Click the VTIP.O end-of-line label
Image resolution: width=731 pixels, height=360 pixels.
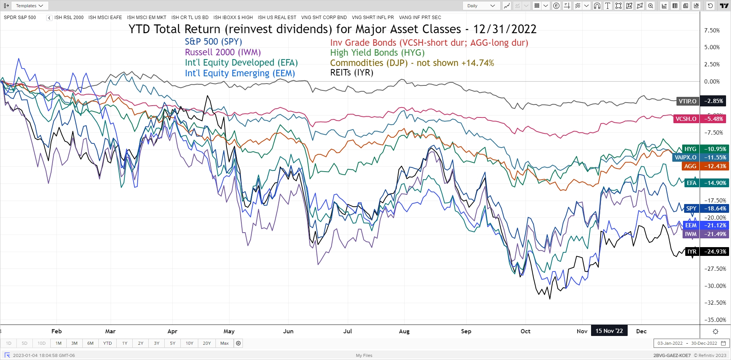coord(688,101)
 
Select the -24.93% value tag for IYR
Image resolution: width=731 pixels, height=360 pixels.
coord(715,252)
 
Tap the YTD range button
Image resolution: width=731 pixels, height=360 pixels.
coord(108,343)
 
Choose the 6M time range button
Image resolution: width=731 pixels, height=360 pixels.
coord(90,343)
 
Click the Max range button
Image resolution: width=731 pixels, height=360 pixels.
coord(225,343)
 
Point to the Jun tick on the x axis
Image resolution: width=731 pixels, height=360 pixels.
coord(288,331)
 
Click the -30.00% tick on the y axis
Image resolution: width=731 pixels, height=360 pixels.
coord(715,286)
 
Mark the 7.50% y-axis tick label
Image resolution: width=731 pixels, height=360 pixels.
coord(712,31)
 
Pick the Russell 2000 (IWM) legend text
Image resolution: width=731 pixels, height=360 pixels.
coord(223,52)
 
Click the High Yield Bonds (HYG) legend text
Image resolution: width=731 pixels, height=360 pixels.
coord(377,53)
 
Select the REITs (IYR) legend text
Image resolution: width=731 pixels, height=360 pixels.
coord(352,72)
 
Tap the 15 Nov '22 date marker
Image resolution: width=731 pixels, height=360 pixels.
coord(609,331)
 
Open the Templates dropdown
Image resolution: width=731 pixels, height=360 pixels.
coord(29,6)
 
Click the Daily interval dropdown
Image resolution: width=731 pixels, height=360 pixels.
coord(481,6)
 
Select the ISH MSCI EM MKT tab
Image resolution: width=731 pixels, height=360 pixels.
coord(146,18)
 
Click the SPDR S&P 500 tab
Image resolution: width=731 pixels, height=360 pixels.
coord(20,18)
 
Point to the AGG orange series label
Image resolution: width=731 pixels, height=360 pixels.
coord(690,166)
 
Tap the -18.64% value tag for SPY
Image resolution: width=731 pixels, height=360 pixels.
coord(715,209)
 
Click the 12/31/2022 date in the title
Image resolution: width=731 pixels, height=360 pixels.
coord(504,29)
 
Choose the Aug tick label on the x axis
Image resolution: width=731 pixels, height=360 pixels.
coord(404,331)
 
